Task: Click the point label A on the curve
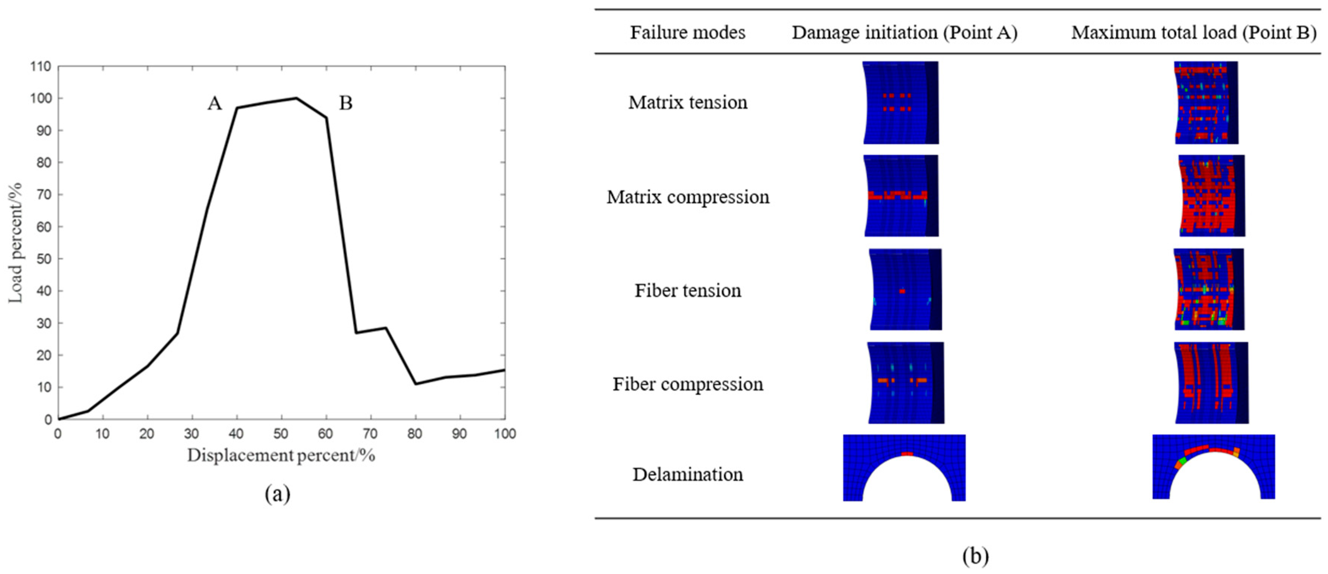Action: (x=214, y=104)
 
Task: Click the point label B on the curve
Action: (x=346, y=104)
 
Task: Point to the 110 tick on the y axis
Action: (x=41, y=66)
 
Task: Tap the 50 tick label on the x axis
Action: (x=281, y=434)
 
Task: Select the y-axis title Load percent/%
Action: (x=16, y=243)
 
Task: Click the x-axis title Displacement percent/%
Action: (x=281, y=455)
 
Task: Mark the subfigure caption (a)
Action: (x=277, y=494)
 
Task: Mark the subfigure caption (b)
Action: (x=975, y=556)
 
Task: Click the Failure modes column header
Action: (x=688, y=32)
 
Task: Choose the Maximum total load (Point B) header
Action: (x=1194, y=32)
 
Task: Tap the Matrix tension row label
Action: (x=688, y=102)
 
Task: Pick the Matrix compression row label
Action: (x=688, y=197)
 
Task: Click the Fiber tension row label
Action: (x=688, y=291)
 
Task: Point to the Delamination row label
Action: (x=688, y=475)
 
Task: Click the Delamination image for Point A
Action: (x=904, y=467)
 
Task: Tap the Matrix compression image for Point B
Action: (x=1212, y=196)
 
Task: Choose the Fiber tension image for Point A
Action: (x=905, y=290)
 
